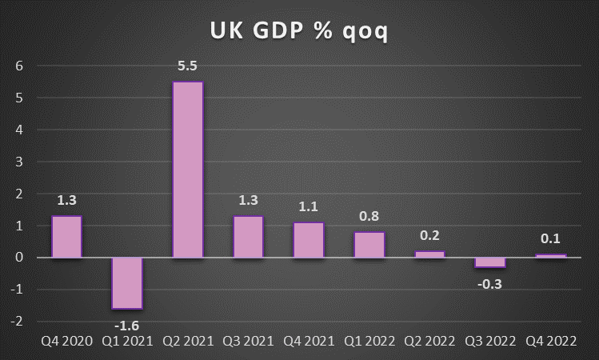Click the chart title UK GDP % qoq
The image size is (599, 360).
[x=299, y=31]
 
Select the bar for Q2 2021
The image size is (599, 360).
[x=188, y=170]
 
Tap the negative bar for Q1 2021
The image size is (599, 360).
[x=127, y=283]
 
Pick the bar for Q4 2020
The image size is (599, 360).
[x=66, y=237]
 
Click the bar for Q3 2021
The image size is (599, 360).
[x=248, y=237]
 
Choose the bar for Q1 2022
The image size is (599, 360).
[x=369, y=245]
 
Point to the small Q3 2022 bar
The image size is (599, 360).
[x=490, y=262]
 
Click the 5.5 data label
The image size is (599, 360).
[x=188, y=65]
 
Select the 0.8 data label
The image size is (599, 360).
[x=369, y=216]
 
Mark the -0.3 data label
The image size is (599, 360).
[x=490, y=282]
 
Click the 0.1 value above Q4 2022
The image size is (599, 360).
[x=551, y=238]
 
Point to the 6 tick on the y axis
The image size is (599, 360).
[x=18, y=66]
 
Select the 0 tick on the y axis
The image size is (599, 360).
[x=18, y=258]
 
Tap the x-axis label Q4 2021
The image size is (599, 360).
[x=309, y=342]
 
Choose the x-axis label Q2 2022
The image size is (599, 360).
[x=430, y=342]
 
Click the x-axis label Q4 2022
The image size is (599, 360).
[x=551, y=342]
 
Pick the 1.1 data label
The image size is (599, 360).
[x=309, y=206]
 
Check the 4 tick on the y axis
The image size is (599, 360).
[x=18, y=130]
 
